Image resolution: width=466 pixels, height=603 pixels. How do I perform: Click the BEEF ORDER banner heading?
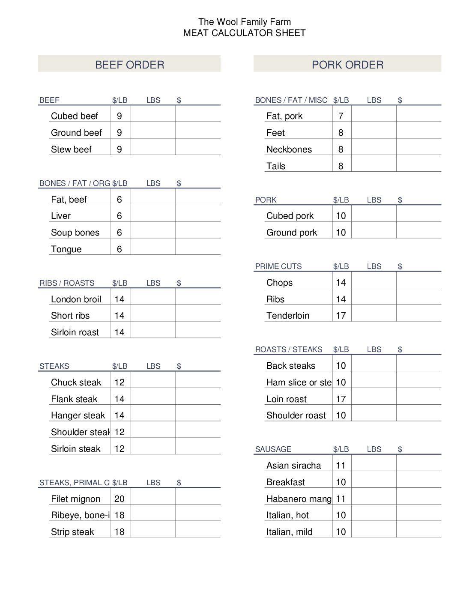[129, 65]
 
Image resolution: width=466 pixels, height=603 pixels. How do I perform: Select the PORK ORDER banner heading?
[347, 65]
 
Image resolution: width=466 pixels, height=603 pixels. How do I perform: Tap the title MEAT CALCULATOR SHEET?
[244, 33]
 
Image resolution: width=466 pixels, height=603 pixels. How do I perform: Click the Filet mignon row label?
[75, 499]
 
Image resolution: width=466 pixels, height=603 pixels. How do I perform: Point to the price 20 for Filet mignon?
[119, 499]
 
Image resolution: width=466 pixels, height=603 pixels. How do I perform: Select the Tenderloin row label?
[287, 316]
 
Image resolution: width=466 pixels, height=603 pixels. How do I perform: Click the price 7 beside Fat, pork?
[341, 116]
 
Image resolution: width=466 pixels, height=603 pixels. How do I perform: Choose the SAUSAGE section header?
[273, 449]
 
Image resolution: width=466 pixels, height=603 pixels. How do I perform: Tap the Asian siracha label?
[293, 466]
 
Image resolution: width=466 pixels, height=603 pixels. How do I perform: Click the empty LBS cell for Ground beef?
[153, 133]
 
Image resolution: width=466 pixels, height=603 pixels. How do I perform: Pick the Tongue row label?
[66, 249]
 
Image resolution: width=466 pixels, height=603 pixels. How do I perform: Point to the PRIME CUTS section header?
[278, 266]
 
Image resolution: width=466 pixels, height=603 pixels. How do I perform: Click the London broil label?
[76, 299]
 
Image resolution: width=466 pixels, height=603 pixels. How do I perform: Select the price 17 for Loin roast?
[341, 399]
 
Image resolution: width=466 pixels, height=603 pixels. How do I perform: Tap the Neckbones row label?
[289, 149]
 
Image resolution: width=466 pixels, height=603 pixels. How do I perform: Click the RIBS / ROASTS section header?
[67, 283]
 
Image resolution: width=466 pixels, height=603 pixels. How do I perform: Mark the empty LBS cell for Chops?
[373, 283]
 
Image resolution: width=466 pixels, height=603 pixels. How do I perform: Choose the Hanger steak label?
[78, 415]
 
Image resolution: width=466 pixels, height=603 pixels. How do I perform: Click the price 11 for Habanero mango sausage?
[341, 499]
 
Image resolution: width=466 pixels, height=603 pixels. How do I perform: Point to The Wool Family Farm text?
[244, 22]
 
